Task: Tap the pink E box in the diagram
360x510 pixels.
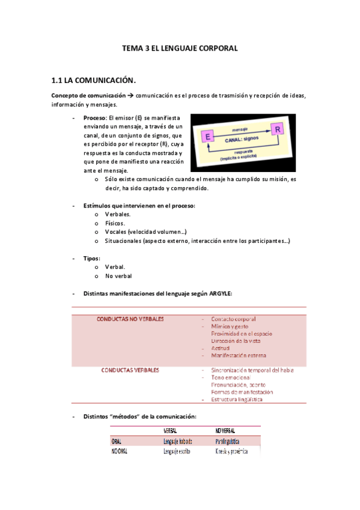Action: tap(208, 137)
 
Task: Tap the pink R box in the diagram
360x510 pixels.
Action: tap(277, 129)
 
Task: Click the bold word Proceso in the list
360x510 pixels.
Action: tap(94, 118)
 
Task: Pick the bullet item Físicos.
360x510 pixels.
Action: tap(115, 223)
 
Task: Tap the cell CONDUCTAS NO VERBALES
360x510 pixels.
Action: tap(130, 319)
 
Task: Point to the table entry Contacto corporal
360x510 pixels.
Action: tap(233, 319)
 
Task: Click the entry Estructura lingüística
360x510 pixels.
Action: tap(237, 399)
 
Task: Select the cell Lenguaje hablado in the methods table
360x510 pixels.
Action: tap(181, 440)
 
